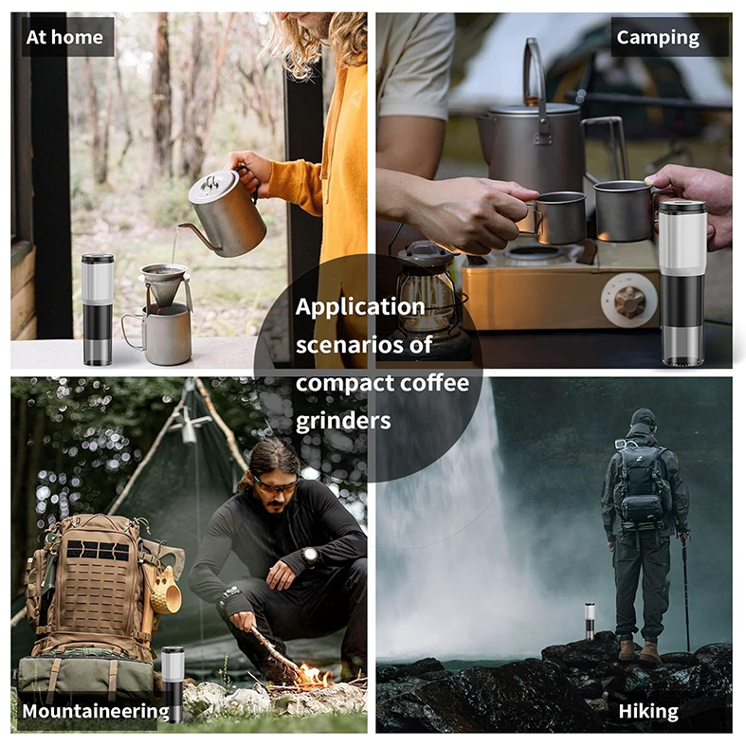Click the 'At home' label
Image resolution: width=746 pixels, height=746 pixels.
[x=64, y=37]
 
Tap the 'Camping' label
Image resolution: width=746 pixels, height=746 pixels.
[x=657, y=37]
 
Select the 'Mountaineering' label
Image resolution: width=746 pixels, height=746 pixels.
[x=95, y=711]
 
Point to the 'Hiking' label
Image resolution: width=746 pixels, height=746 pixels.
[x=648, y=711]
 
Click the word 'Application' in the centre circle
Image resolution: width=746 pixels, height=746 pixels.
[x=359, y=307]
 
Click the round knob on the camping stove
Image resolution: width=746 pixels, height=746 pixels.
[x=628, y=301]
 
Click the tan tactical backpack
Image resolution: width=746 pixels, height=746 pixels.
[x=92, y=588]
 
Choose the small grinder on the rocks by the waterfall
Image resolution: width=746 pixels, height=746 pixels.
[x=590, y=622]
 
